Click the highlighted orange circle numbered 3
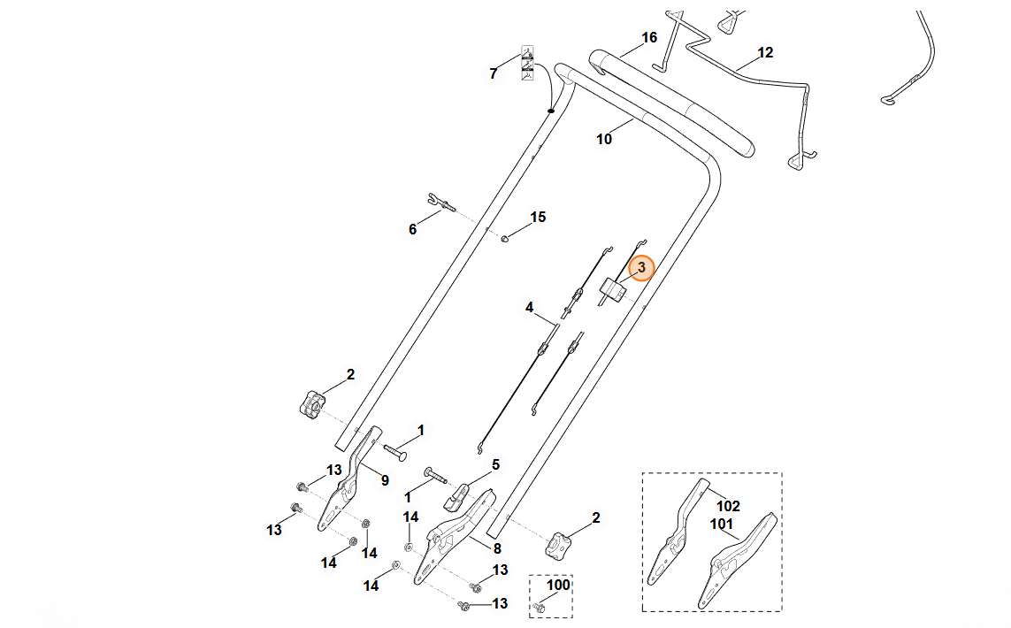pyautogui.click(x=641, y=267)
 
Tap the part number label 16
pyautogui.click(x=649, y=38)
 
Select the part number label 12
pyautogui.click(x=765, y=53)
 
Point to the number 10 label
pyautogui.click(x=604, y=139)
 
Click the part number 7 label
pyautogui.click(x=494, y=73)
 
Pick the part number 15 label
pyautogui.click(x=538, y=217)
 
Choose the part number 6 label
pyautogui.click(x=412, y=229)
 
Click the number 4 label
pyautogui.click(x=529, y=308)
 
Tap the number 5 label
pyautogui.click(x=495, y=463)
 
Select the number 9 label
pyautogui.click(x=385, y=480)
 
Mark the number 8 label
pyautogui.click(x=497, y=548)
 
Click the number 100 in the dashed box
pyautogui.click(x=558, y=585)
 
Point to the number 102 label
pyautogui.click(x=728, y=507)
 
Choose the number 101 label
pyautogui.click(x=722, y=524)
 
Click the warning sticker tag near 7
pyautogui.click(x=527, y=61)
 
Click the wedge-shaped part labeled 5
pyautogui.click(x=456, y=495)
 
